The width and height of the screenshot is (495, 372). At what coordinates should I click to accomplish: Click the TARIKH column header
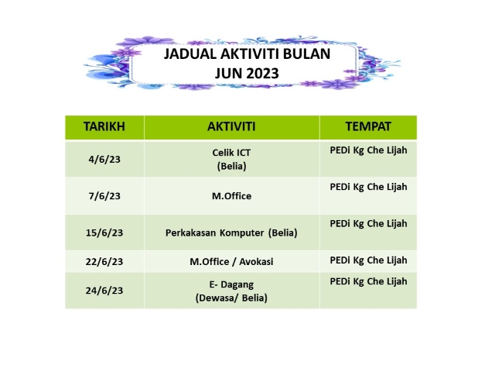click(x=104, y=126)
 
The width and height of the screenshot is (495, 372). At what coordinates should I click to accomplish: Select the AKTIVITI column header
click(x=231, y=126)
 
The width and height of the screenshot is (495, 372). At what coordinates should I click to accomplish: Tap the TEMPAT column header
click(x=368, y=126)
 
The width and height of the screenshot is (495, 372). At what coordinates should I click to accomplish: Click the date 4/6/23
click(x=104, y=159)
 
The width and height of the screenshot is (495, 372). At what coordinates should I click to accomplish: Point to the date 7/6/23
click(x=104, y=196)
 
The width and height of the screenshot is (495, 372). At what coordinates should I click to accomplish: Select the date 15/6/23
click(x=104, y=232)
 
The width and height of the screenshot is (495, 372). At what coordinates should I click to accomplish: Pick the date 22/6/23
click(x=104, y=262)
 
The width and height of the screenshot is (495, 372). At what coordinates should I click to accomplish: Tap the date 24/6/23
click(x=104, y=291)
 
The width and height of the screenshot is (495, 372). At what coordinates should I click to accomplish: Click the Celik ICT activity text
click(x=231, y=153)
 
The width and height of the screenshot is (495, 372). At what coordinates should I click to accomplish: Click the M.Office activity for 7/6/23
click(x=231, y=196)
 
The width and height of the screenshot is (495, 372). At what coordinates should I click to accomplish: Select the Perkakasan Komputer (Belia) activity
click(x=231, y=232)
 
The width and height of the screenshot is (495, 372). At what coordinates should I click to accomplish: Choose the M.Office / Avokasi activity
click(x=231, y=262)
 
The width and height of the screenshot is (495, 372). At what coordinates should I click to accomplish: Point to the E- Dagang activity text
click(x=231, y=284)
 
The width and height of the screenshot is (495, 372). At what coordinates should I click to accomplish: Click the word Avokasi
click(x=256, y=262)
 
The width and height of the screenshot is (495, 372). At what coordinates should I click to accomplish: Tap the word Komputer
click(x=241, y=232)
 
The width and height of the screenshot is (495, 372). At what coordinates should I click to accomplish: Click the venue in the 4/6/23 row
click(x=368, y=150)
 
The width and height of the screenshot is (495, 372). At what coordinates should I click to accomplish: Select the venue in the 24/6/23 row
click(x=368, y=281)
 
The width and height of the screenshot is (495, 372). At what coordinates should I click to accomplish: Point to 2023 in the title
click(x=263, y=74)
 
